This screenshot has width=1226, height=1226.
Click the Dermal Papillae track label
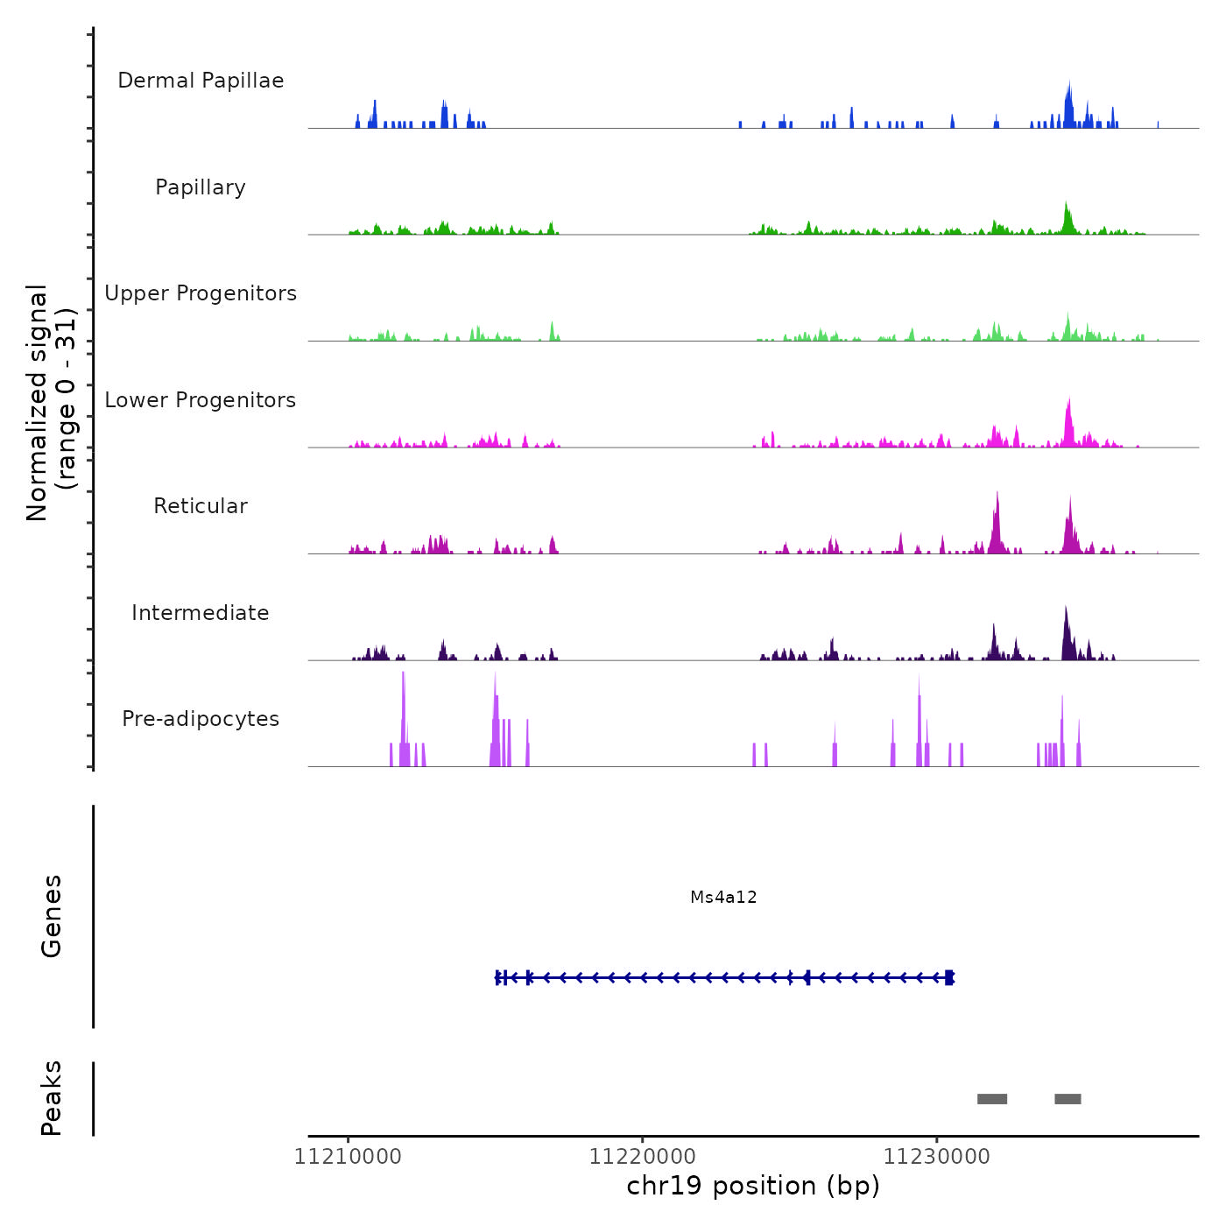click(201, 81)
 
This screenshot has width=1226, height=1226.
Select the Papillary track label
click(201, 187)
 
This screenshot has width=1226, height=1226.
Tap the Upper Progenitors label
click(201, 293)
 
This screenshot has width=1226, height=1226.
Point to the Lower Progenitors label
click(201, 400)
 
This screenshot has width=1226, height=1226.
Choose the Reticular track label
click(201, 506)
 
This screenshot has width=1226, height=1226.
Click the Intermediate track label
click(201, 613)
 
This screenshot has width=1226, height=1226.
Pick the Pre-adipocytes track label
click(201, 719)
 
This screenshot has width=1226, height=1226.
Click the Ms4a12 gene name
click(723, 897)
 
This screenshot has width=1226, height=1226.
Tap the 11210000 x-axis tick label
click(348, 1157)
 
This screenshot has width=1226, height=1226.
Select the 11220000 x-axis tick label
click(642, 1157)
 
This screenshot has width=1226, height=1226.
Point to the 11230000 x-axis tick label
click(936, 1157)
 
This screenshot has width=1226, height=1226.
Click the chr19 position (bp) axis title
click(753, 1186)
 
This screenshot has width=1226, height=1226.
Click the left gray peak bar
click(992, 1099)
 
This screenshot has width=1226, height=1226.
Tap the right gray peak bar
click(1067, 1099)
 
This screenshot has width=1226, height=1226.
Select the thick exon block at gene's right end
click(949, 977)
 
